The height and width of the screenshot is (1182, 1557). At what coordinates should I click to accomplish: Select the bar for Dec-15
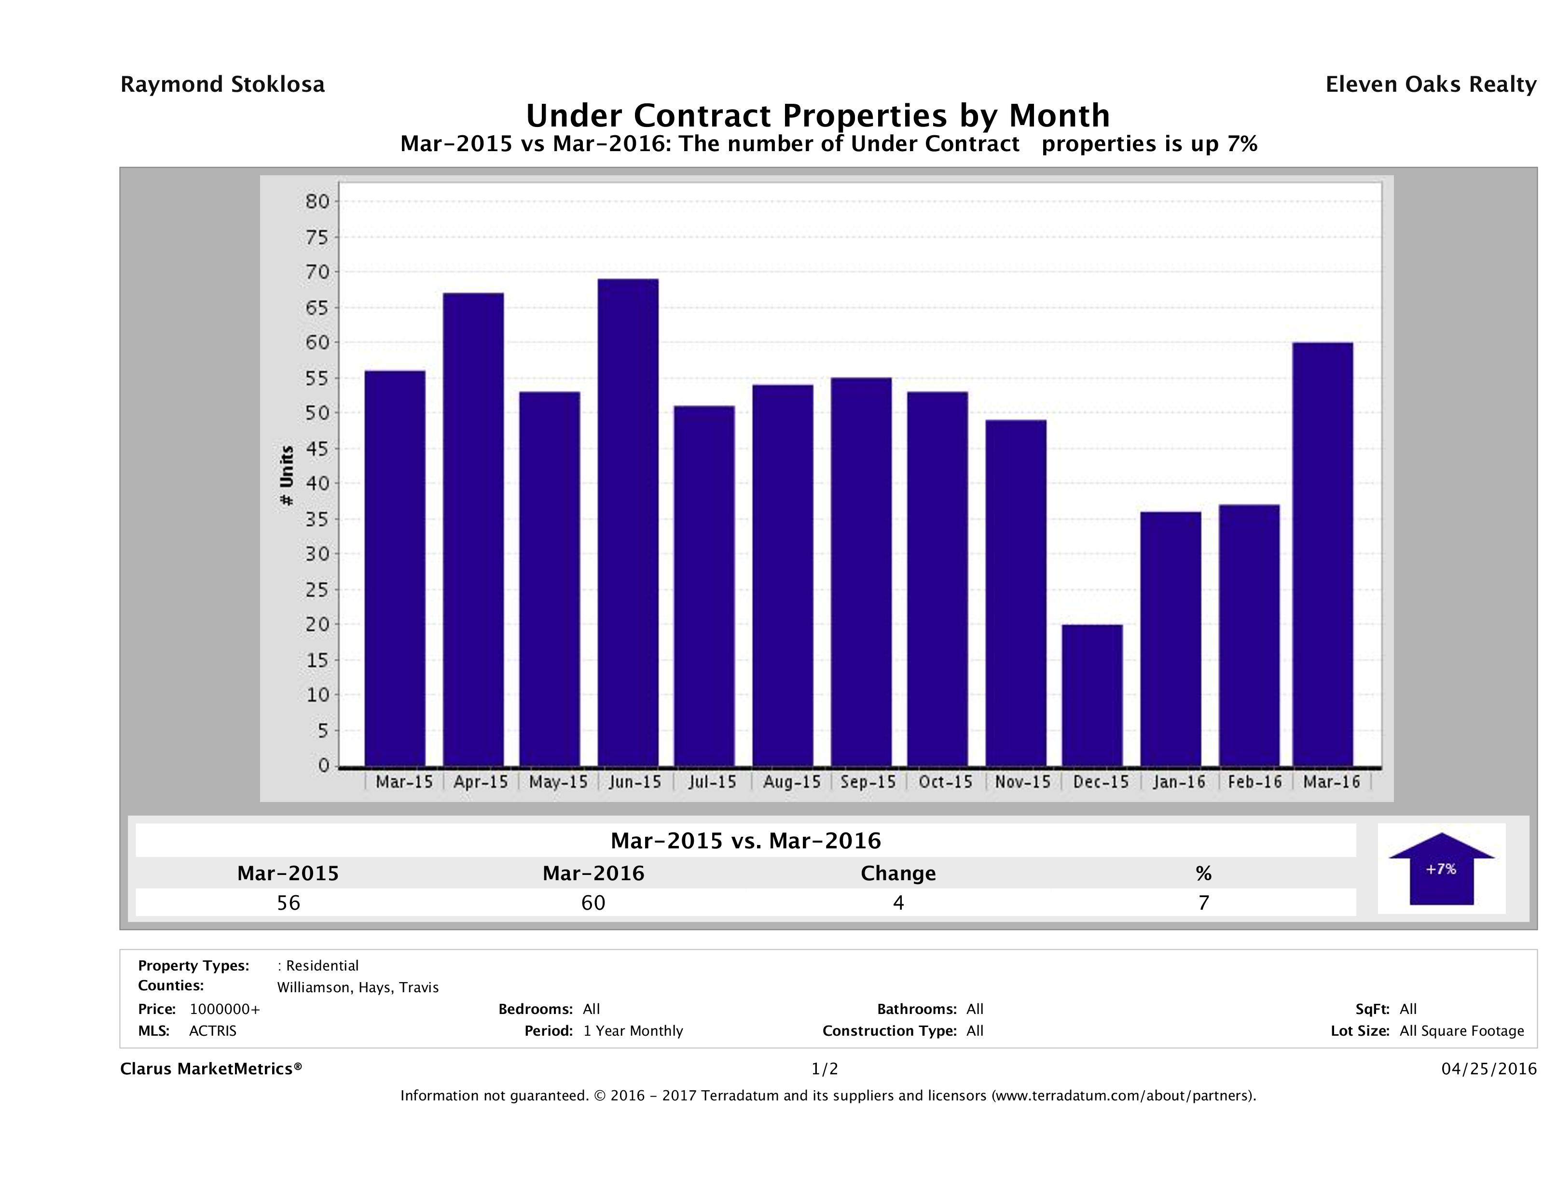[x=1092, y=695]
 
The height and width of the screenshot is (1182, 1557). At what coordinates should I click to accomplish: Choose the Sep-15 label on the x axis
[x=868, y=782]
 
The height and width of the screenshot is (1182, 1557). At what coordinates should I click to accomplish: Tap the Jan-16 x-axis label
[x=1179, y=782]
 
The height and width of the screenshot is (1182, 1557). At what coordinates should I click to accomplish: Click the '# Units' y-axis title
[x=287, y=476]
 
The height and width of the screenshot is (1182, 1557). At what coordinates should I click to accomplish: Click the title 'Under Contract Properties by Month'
[x=818, y=115]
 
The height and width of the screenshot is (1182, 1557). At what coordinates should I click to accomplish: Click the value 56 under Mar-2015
[x=289, y=902]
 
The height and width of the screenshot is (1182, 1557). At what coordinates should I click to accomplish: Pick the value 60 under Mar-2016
[x=593, y=902]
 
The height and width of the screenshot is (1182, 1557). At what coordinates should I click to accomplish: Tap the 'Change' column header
[x=898, y=873]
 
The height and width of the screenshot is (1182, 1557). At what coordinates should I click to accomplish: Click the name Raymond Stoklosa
[x=222, y=84]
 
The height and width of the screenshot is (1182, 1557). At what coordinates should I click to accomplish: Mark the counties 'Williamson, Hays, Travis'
[x=358, y=987]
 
